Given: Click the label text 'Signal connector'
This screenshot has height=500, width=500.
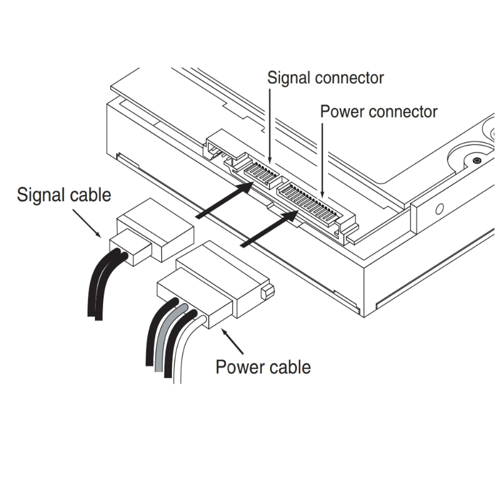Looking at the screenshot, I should coord(325,78).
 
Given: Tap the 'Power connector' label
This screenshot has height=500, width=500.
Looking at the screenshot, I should coord(378,112).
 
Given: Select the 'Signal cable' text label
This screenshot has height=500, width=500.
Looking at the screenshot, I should coord(64,194).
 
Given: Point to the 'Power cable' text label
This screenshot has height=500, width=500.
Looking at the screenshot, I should coord(262,366).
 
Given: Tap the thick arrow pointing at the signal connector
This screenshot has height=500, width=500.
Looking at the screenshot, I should coord(225,199).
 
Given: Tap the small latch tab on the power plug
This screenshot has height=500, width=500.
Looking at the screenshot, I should coord(267,291).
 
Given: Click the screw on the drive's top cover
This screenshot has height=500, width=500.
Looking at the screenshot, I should coord(477,161).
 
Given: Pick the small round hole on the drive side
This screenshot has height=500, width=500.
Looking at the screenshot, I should coord(439,207).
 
